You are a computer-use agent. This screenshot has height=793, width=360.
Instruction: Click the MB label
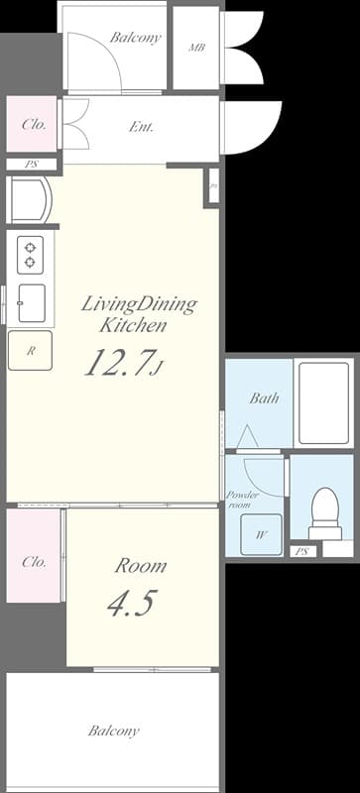click(195, 48)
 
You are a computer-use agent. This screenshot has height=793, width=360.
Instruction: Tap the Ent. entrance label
click(141, 127)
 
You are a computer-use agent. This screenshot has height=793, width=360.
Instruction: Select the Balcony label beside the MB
click(135, 38)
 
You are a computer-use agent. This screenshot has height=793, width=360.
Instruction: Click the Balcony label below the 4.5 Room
click(113, 732)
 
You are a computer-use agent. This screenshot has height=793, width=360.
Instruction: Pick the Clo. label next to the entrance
click(33, 125)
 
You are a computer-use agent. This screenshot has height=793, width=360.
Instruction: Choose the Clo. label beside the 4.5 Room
click(34, 562)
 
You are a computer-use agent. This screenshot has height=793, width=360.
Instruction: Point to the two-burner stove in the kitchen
click(30, 254)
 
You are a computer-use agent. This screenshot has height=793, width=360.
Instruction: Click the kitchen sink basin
click(32, 302)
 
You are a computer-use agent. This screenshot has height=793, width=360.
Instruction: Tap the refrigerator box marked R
click(31, 351)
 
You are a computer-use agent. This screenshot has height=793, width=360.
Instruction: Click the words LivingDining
click(138, 303)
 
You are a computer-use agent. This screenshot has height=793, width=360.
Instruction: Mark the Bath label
click(264, 398)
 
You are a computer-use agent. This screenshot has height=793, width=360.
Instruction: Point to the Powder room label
click(244, 500)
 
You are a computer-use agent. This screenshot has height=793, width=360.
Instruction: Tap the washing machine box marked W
click(262, 534)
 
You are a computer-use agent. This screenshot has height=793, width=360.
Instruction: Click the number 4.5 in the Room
click(131, 604)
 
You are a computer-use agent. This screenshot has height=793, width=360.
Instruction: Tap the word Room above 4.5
click(140, 566)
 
